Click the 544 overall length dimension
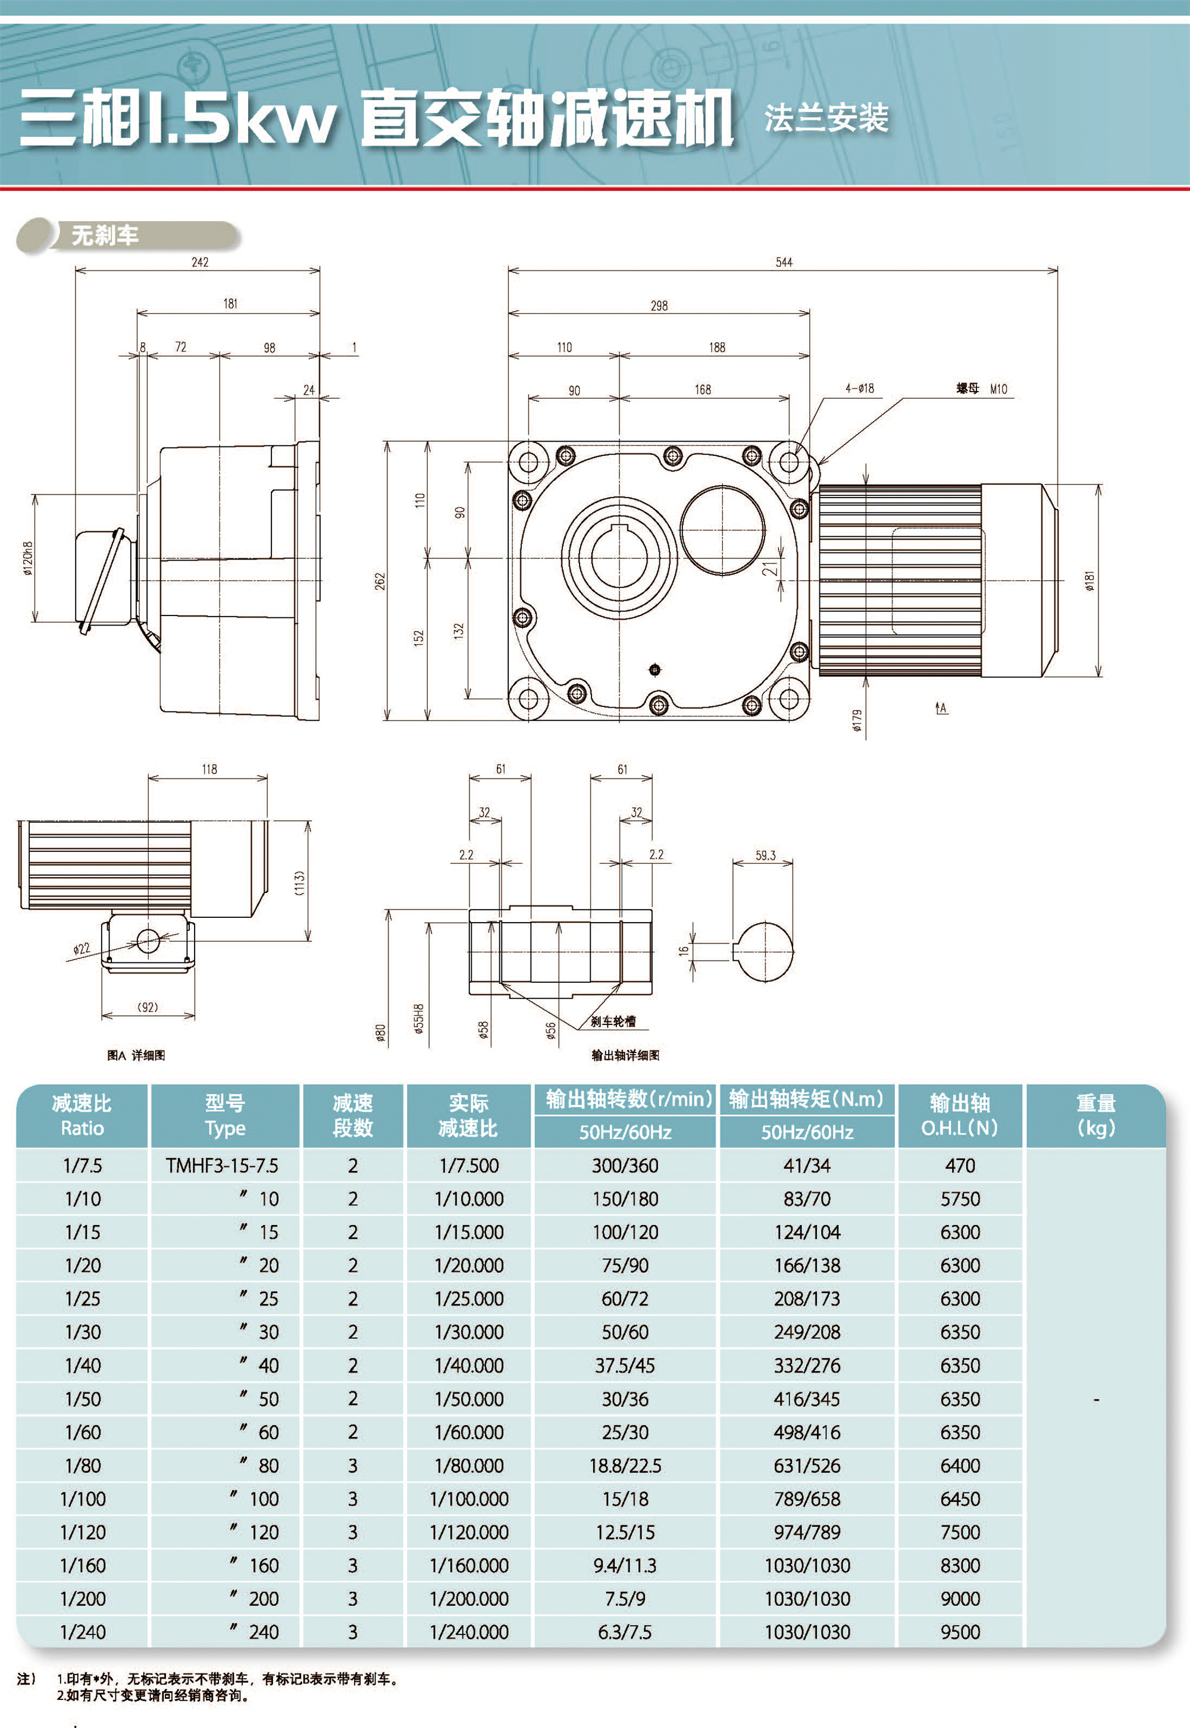point(784,262)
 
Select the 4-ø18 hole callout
point(859,388)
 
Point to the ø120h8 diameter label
point(27,558)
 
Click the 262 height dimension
point(380,581)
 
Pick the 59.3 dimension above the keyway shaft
point(765,855)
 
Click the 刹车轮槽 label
point(613,1021)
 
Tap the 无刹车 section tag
point(105,236)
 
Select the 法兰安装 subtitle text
point(826,118)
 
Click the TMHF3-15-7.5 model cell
point(222,1165)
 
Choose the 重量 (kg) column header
point(1095,1115)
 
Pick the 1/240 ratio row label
point(83,1632)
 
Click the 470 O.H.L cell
point(960,1165)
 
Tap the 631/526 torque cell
point(807,1465)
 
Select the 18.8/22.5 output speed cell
point(625,1465)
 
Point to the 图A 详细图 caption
point(136,1055)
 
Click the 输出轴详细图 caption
point(625,1055)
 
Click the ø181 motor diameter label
point(1090,581)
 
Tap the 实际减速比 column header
point(468,1115)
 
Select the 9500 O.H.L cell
point(960,1632)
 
